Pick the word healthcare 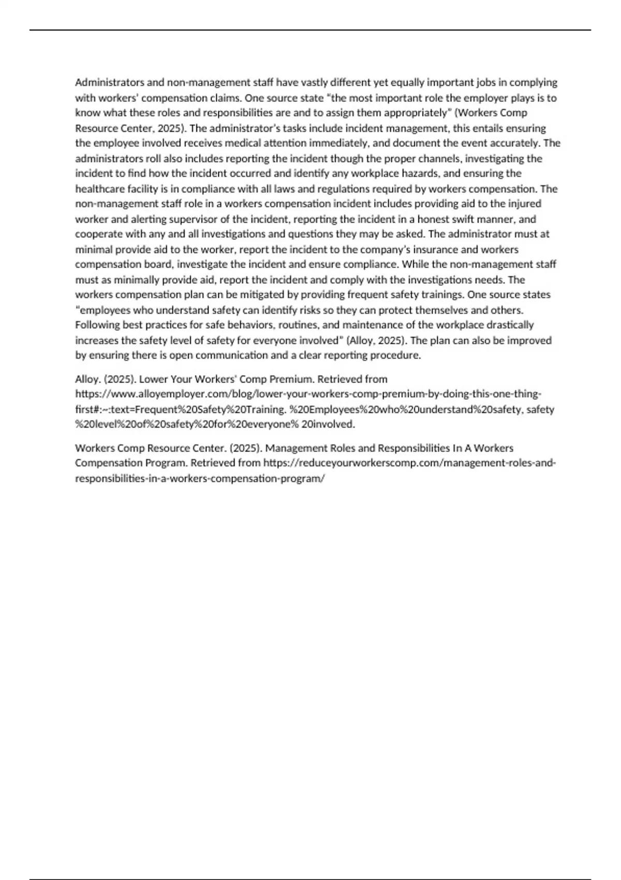[99, 188]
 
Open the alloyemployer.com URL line [308, 394]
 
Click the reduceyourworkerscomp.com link [409, 463]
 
